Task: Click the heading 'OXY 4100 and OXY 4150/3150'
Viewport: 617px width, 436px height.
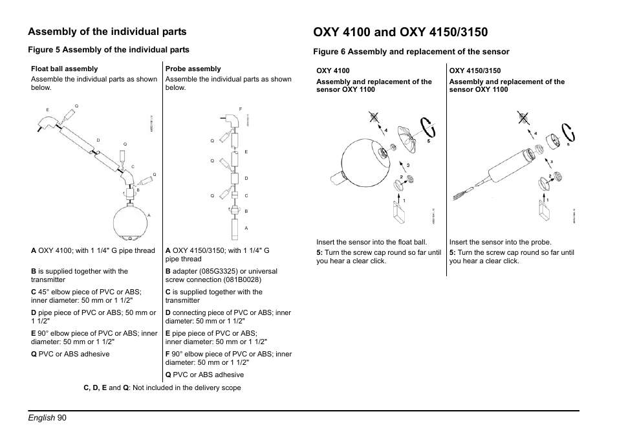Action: pos(401,32)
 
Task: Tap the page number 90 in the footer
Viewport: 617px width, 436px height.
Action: pos(61,418)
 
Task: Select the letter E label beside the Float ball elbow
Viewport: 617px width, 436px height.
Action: pos(48,109)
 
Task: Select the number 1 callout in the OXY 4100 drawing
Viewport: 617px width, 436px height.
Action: pos(404,201)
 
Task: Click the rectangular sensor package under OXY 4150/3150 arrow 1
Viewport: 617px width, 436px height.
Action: pos(544,211)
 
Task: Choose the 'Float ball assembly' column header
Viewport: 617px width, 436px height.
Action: pos(65,69)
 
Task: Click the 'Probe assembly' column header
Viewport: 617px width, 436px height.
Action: pos(193,69)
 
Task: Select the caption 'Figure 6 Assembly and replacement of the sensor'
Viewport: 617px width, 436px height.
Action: pos(411,52)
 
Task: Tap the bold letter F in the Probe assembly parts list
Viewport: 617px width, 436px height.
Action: pos(168,354)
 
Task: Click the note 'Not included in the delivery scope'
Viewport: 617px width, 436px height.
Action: pos(186,388)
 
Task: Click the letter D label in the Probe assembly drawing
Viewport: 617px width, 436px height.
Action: pos(246,178)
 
